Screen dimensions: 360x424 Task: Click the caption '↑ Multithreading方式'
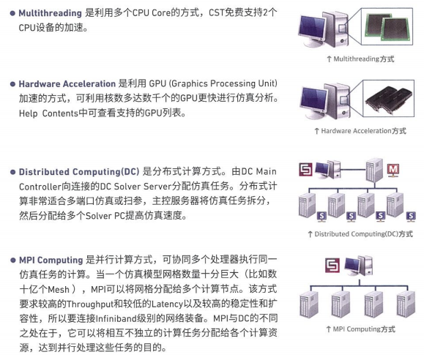(x=359, y=59)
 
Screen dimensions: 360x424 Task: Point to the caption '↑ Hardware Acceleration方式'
(x=359, y=131)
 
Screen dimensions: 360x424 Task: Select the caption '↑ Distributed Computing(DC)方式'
(x=359, y=234)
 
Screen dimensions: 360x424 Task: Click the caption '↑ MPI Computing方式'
(x=359, y=329)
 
